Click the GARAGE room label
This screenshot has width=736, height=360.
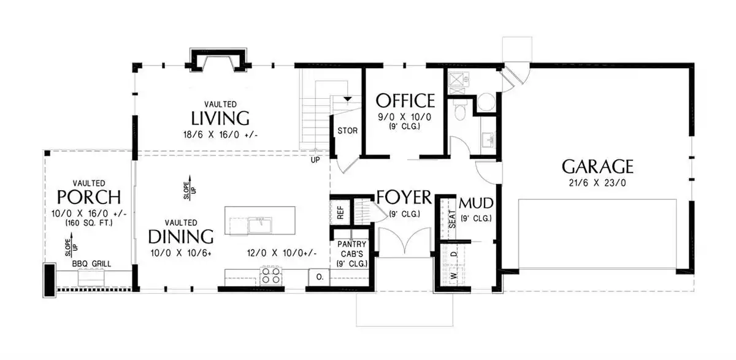[x=597, y=167]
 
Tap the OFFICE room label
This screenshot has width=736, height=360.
[x=405, y=101]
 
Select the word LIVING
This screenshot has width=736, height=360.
[x=220, y=118]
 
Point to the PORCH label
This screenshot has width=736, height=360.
[x=89, y=197]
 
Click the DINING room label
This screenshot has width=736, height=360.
[x=181, y=237]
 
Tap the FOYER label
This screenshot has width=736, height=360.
[x=404, y=197]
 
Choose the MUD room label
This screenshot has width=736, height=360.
[x=476, y=204]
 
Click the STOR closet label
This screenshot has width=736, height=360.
[x=348, y=131]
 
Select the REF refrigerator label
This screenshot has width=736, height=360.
[x=340, y=213]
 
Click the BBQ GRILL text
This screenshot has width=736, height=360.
[x=91, y=264]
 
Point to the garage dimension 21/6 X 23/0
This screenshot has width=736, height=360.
[x=597, y=183]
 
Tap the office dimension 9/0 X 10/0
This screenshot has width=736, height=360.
[x=404, y=117]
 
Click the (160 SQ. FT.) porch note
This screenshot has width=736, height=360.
[x=89, y=223]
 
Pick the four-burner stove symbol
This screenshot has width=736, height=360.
[x=270, y=275]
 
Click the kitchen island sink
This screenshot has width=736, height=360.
[x=259, y=225]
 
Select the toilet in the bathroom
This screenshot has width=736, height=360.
[x=459, y=110]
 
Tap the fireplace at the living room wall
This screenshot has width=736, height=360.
[x=218, y=60]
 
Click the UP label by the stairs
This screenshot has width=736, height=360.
[x=315, y=160]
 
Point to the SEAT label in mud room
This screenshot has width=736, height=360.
[x=453, y=219]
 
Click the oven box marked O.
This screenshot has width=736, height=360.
[x=320, y=277]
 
